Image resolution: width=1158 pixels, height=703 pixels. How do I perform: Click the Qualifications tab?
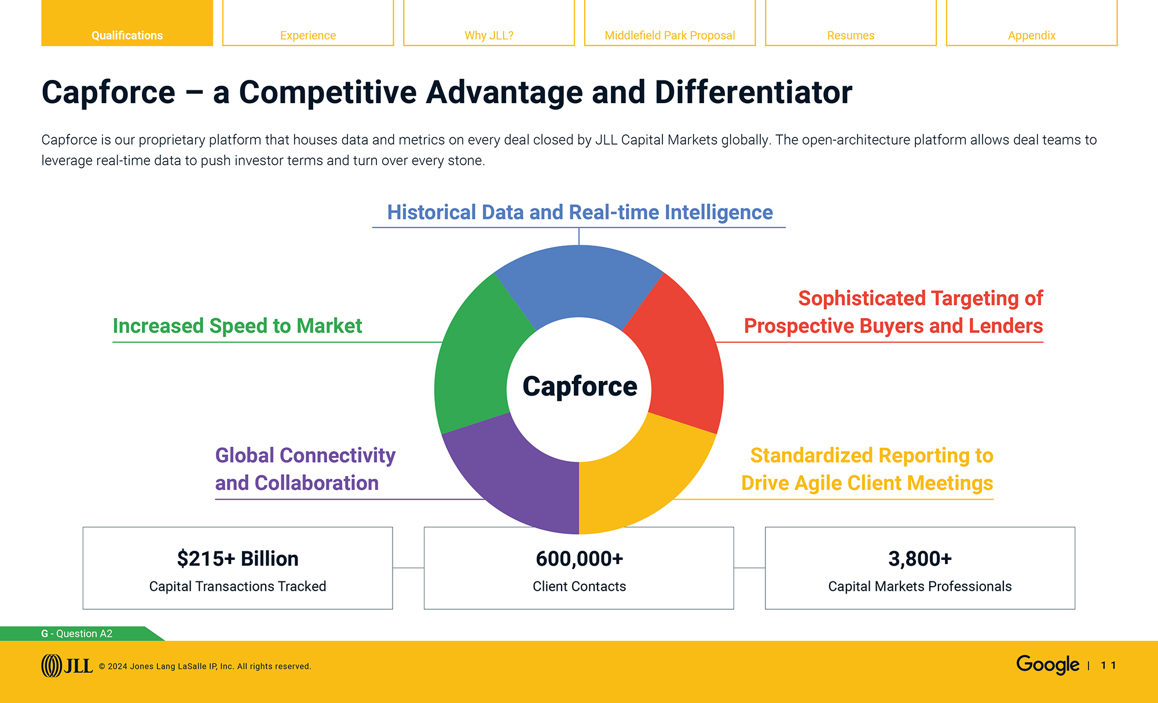(x=127, y=35)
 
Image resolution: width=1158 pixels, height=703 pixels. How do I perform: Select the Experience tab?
(x=307, y=35)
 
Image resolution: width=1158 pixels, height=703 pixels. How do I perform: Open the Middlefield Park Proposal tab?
(x=669, y=35)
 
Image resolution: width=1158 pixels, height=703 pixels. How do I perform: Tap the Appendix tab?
(x=1031, y=35)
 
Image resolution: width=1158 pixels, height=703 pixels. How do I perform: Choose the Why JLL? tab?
(x=489, y=35)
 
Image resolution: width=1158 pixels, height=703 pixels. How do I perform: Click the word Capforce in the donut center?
(x=579, y=386)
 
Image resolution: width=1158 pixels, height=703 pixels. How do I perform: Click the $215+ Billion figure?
(x=237, y=559)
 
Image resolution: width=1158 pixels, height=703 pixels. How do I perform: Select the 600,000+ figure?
(x=579, y=559)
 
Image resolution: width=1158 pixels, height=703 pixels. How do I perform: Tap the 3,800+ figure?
(x=919, y=559)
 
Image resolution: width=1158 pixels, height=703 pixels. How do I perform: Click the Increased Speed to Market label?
(x=237, y=326)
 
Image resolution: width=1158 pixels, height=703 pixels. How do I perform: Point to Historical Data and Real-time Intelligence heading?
(x=579, y=213)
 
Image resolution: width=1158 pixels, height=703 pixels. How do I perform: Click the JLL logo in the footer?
(x=67, y=665)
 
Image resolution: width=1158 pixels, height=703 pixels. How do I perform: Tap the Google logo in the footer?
(x=1047, y=664)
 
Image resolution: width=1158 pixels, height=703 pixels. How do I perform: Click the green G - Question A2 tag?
(x=77, y=634)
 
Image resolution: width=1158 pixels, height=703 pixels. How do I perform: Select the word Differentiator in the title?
(x=753, y=93)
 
